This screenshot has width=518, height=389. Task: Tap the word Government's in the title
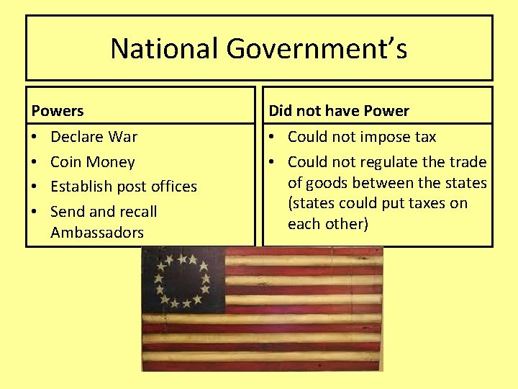click(317, 49)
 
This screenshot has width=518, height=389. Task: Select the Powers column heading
click(58, 111)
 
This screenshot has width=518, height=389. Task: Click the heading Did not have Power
click(339, 111)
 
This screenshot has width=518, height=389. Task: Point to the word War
click(123, 136)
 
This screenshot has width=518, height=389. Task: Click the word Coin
click(66, 161)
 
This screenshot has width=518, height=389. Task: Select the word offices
click(169, 186)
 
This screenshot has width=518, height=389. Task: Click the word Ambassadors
click(97, 232)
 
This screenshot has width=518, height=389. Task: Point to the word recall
click(137, 211)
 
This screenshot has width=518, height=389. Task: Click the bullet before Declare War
click(35, 136)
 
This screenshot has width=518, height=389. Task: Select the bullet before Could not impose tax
click(273, 136)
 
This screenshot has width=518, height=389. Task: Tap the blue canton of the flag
click(183, 280)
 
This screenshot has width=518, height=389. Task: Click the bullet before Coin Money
click(35, 161)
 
